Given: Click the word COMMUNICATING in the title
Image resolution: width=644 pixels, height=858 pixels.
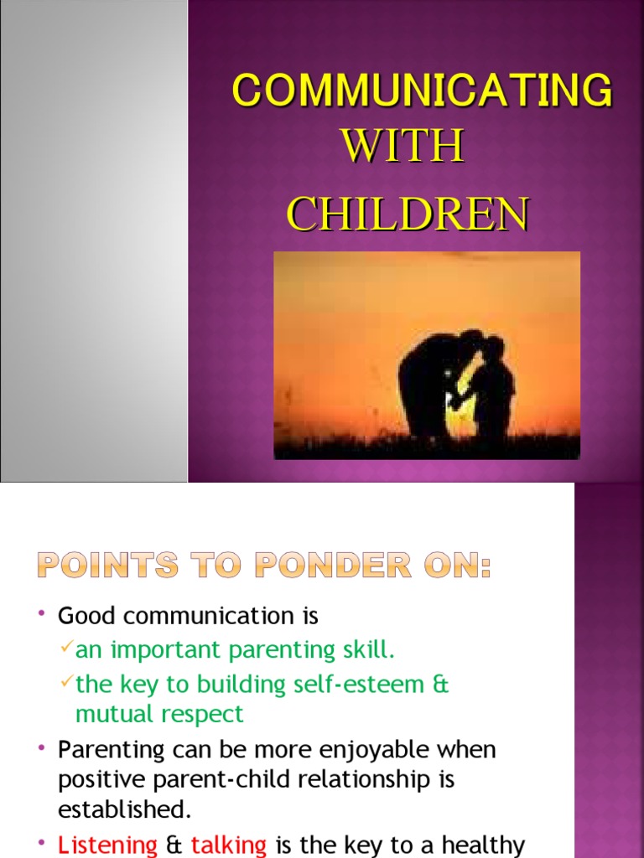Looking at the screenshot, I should click(422, 90).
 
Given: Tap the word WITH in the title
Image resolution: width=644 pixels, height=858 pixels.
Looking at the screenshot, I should click(402, 147).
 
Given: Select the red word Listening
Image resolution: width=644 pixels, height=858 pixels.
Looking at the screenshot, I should click(107, 845).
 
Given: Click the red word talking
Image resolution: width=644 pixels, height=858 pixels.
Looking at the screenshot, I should click(229, 845).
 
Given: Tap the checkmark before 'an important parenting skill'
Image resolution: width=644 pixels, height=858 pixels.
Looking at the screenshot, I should click(66, 649).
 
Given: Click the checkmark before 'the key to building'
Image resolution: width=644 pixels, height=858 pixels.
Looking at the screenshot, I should click(66, 683).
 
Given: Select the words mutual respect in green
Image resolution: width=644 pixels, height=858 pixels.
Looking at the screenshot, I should click(159, 714).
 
